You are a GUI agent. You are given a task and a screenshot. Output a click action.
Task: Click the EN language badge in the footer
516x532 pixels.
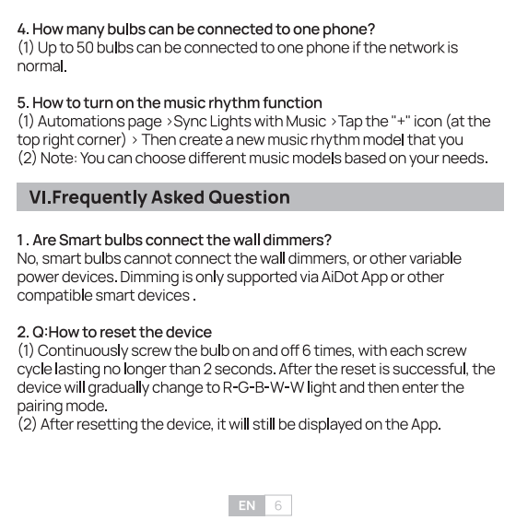[246, 505]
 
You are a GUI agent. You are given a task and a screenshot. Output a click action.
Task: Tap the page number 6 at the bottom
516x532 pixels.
[278, 505]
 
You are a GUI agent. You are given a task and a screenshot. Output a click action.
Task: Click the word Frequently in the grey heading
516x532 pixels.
[100, 198]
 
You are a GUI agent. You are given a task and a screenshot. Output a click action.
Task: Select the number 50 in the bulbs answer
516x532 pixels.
[85, 48]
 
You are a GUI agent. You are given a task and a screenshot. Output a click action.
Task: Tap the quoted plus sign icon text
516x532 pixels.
[401, 121]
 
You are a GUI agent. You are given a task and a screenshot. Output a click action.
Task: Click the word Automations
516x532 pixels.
[81, 122]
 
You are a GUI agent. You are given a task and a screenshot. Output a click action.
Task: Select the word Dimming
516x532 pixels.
[149, 278]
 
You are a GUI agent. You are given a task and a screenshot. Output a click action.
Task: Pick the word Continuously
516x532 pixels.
[83, 351]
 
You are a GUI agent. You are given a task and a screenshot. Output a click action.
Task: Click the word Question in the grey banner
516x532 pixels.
[249, 197]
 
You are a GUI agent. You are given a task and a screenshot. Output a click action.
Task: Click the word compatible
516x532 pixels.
[54, 296]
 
